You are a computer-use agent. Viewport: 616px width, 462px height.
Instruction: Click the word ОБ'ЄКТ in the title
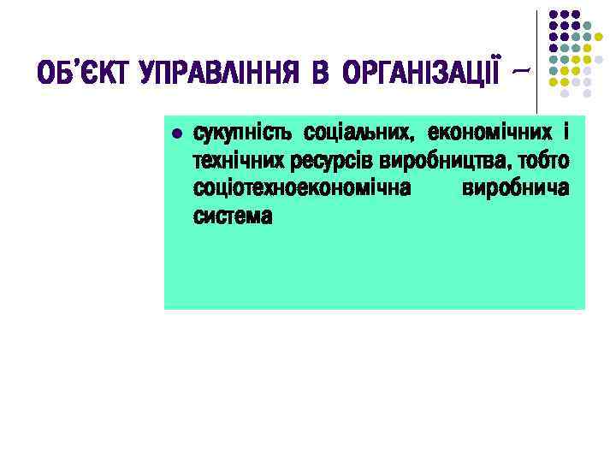pyautogui.click(x=77, y=74)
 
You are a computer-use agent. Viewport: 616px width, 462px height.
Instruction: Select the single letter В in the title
pyautogui.click(x=320, y=74)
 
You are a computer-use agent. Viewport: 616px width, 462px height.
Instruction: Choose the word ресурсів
pyautogui.click(x=323, y=162)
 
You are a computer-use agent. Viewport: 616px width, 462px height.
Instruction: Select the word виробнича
pyautogui.click(x=515, y=188)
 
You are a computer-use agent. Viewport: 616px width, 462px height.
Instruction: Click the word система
pyautogui.click(x=233, y=216)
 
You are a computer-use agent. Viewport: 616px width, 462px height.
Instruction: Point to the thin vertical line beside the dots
pyautogui.click(x=537, y=51)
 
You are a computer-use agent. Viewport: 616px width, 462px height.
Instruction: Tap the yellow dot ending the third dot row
pyautogui.click(x=598, y=37)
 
